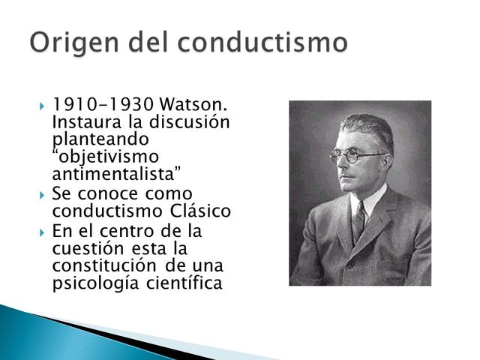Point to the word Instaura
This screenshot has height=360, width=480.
84,121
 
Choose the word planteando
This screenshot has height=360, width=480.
101,139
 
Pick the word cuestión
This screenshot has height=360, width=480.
85,247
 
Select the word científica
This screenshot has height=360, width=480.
179,283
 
